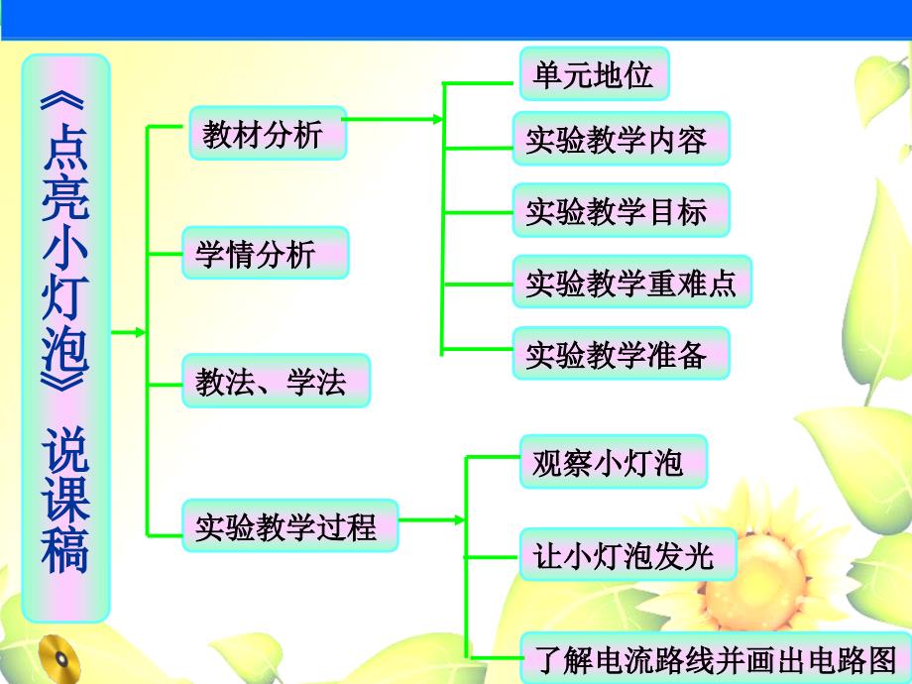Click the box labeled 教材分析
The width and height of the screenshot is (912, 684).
pos(268,133)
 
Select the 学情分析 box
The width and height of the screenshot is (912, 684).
pos(266,253)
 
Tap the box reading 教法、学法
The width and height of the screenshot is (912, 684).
pos(276,381)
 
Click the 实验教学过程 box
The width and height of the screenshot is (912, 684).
pos(289,525)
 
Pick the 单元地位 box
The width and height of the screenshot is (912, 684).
pos(595,74)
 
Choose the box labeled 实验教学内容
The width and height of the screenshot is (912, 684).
pos(622,139)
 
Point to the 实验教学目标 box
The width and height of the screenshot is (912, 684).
pos(622,210)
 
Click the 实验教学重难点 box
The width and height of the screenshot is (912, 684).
pos(632,282)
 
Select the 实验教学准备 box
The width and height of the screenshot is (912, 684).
pos(622,353)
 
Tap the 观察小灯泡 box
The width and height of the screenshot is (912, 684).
pos(613,461)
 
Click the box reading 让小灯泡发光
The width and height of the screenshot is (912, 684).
pos(627,554)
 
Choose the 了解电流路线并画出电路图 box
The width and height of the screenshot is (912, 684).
pos(716,658)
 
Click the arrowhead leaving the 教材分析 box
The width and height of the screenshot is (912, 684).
pos(437,119)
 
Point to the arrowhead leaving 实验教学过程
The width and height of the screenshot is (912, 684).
pos(460,520)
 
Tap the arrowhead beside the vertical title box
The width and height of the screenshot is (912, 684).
pos(140,333)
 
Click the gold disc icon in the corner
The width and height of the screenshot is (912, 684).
pos(59,659)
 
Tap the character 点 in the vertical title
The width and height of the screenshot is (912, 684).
pos(65,146)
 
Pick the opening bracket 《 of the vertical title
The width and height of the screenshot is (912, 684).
pos(63,100)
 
